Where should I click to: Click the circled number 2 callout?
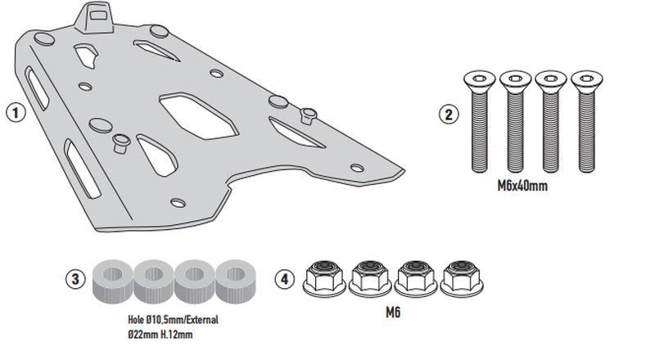pos(447,115)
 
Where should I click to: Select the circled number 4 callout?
pos(283,278)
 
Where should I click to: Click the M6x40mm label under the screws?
pos(522,187)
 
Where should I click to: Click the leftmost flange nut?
pos(325,278)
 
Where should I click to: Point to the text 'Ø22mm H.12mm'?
pos(153,334)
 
